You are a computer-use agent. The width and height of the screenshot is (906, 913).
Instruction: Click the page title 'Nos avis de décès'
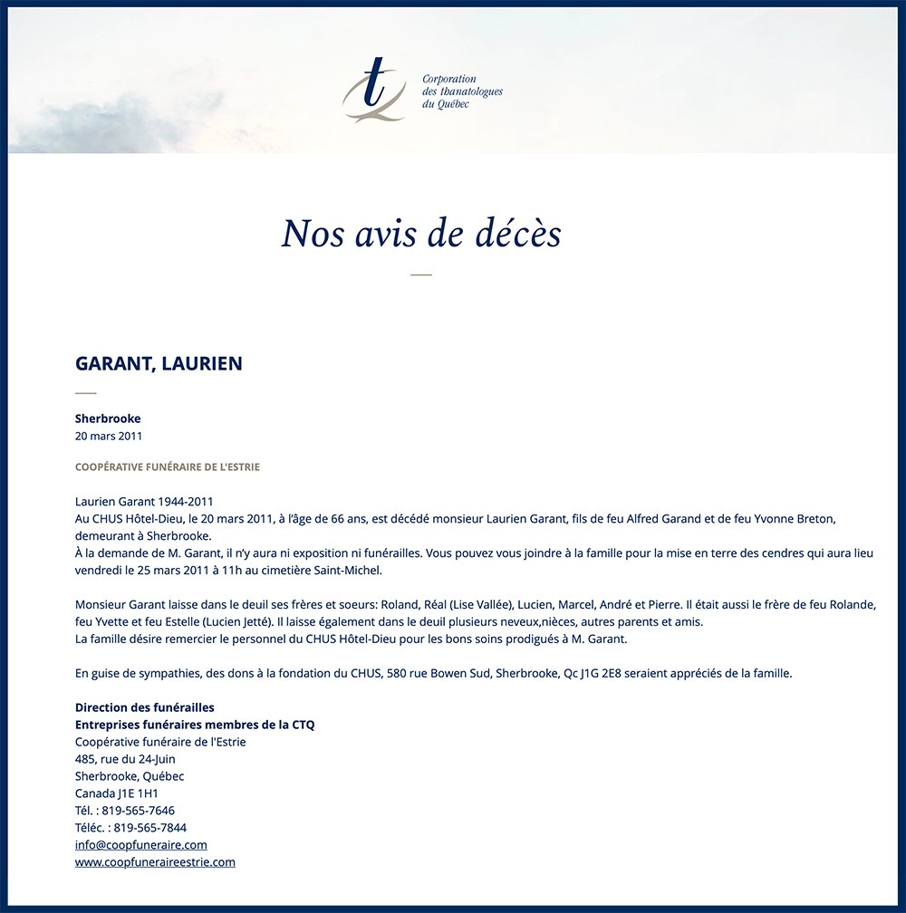tap(421, 234)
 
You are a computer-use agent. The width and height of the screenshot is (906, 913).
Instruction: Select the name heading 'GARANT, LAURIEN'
tap(159, 364)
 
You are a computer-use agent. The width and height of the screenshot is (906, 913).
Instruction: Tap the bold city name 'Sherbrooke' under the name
tap(108, 418)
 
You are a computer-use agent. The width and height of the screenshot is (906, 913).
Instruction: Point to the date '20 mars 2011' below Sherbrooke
tap(109, 436)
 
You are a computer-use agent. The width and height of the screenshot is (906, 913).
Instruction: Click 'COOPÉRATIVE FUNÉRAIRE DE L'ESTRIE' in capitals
tap(168, 467)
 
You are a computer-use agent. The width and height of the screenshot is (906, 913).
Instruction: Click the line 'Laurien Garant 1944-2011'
tap(144, 501)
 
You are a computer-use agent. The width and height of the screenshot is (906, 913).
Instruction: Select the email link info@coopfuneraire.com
tap(141, 845)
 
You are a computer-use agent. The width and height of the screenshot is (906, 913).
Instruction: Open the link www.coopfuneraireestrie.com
tap(155, 862)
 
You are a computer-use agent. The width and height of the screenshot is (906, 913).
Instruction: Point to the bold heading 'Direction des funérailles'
tap(145, 707)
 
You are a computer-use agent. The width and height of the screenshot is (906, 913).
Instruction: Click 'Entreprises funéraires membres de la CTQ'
tap(195, 725)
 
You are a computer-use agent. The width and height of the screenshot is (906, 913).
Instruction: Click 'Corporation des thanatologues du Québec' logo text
tap(462, 91)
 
